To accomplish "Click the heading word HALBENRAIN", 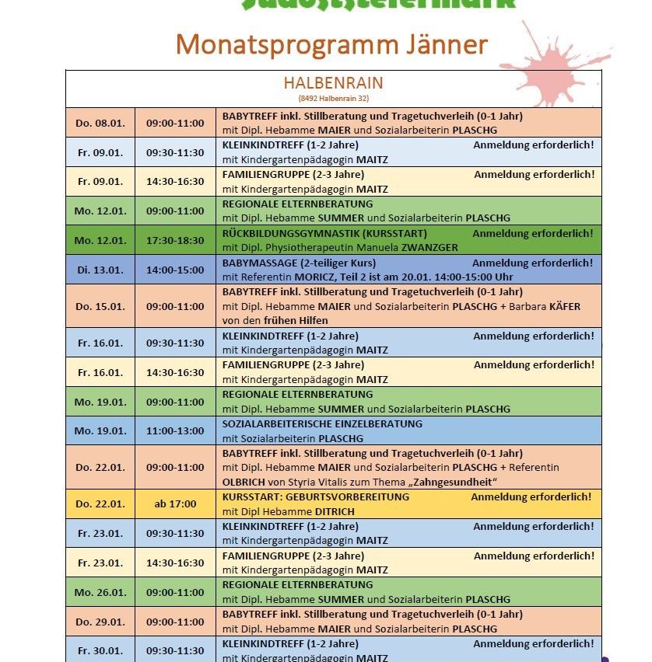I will [333, 83].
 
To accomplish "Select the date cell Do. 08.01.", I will [100, 123].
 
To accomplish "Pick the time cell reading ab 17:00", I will [175, 503].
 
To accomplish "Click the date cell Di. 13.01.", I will [100, 270].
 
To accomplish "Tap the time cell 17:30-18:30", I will [175, 240].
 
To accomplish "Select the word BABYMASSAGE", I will [255, 263].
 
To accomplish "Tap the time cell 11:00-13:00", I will [175, 430].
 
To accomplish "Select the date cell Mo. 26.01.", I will [100, 592].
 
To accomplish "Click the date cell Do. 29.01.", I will [100, 622].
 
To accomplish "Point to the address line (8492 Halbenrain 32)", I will [333, 99].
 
